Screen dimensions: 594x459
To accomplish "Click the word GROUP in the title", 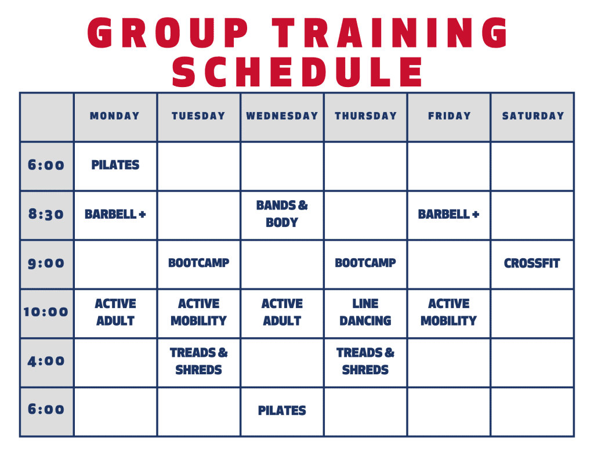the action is pyautogui.click(x=168, y=33).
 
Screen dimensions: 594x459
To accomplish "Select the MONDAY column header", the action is pyautogui.click(x=115, y=116).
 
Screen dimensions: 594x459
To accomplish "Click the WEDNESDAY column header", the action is pyautogui.click(x=282, y=116).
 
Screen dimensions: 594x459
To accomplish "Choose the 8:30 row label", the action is pyautogui.click(x=46, y=214).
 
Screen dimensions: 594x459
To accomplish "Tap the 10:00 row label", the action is pyautogui.click(x=46, y=312).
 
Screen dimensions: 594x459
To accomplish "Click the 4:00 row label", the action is pyautogui.click(x=46, y=361).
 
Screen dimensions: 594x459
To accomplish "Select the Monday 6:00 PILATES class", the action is pyautogui.click(x=115, y=165).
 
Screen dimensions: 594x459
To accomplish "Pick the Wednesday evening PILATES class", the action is pyautogui.click(x=282, y=410).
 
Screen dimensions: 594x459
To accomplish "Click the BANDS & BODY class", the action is pyautogui.click(x=282, y=214).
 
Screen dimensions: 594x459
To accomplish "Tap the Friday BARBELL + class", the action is pyautogui.click(x=448, y=214).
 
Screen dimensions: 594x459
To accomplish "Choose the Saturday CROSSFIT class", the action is pyautogui.click(x=532, y=263).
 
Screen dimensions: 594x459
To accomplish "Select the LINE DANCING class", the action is pyautogui.click(x=365, y=312).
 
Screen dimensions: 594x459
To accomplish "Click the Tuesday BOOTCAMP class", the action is pyautogui.click(x=198, y=263).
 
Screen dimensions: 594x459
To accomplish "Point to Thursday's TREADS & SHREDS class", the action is pyautogui.click(x=365, y=361).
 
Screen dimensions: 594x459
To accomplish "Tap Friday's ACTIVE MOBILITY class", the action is pyautogui.click(x=448, y=312).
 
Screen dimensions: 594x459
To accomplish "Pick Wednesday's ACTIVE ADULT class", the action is pyautogui.click(x=282, y=312).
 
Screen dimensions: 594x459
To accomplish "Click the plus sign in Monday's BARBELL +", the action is pyautogui.click(x=143, y=215).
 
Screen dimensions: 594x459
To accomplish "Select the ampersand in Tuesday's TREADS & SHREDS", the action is pyautogui.click(x=223, y=352).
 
